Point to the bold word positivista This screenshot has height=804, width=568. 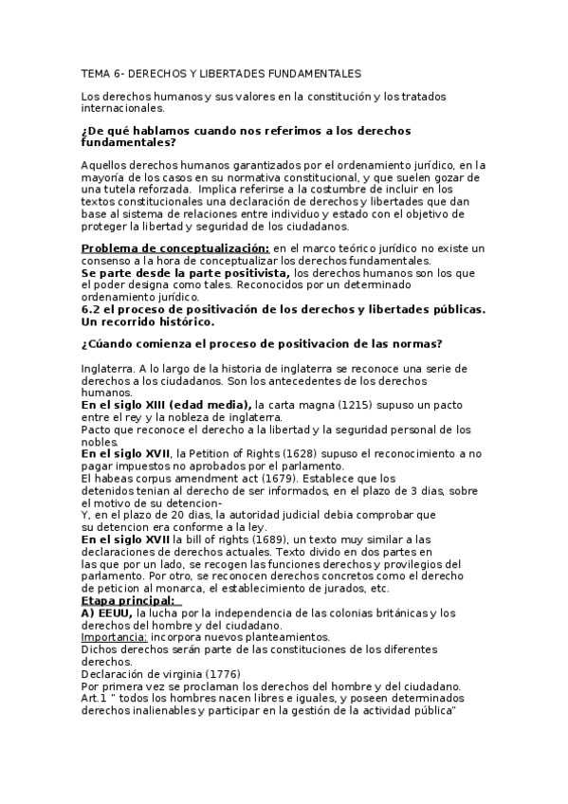[253, 273]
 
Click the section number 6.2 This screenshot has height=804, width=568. [92, 310]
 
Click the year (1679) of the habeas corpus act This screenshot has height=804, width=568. [259, 479]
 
